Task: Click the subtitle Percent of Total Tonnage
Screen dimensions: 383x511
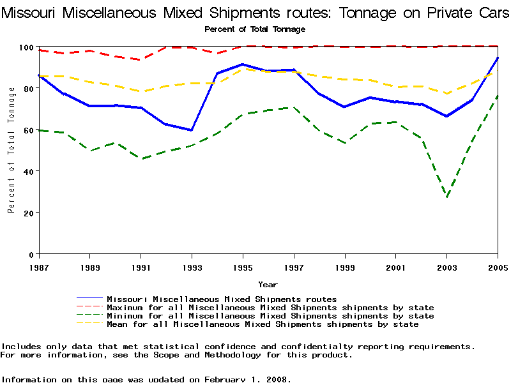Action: click(255, 29)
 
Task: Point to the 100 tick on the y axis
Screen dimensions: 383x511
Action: click(27, 47)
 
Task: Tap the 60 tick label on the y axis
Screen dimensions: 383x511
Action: click(29, 130)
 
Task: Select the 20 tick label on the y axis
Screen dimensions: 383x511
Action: click(29, 213)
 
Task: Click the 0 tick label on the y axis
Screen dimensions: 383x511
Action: click(32, 254)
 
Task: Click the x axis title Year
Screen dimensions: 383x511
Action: click(268, 285)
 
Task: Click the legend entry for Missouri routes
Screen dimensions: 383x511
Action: click(222, 299)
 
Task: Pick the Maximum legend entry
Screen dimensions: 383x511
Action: click(270, 308)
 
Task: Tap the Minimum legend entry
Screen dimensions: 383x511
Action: click(270, 316)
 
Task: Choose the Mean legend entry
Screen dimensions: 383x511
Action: click(263, 324)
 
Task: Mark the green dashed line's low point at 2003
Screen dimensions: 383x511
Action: click(447, 197)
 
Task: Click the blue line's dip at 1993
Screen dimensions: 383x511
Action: click(192, 130)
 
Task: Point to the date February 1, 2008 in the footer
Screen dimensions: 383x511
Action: click(247, 379)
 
